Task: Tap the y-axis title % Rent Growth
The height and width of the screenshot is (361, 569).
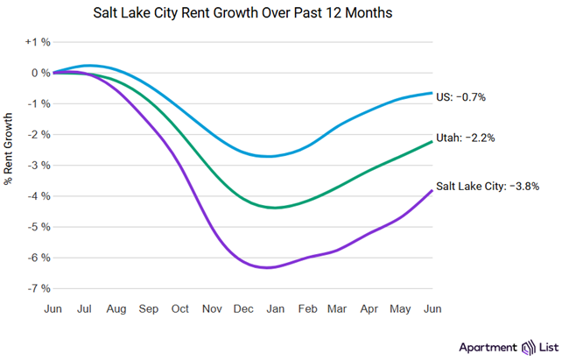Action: click(x=10, y=149)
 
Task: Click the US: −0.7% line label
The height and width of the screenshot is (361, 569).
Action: click(x=460, y=97)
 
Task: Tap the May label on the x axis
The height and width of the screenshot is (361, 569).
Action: click(x=401, y=308)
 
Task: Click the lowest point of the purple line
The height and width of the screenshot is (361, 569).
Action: click(x=270, y=267)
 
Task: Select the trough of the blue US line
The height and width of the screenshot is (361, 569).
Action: click(x=269, y=156)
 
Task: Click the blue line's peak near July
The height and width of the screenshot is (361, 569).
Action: click(x=90, y=66)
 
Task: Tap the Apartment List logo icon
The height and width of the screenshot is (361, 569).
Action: click(x=528, y=347)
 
